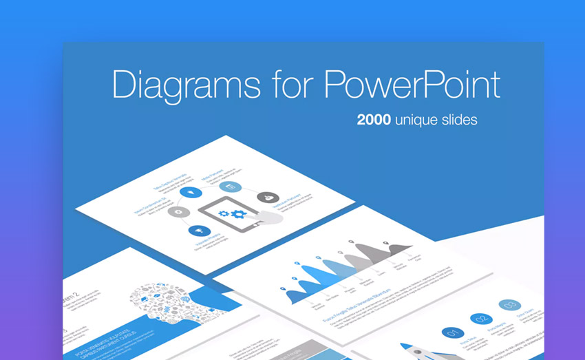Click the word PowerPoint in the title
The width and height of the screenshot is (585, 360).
pyautogui.click(x=412, y=85)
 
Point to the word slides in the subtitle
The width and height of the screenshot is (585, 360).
pyautogui.click(x=459, y=119)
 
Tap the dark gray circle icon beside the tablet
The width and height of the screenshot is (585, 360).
pyautogui.click(x=267, y=198)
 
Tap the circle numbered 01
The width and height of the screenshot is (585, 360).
pyautogui.click(x=452, y=334)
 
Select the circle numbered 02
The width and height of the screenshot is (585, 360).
pyautogui.click(x=480, y=319)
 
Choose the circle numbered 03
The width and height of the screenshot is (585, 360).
pyautogui.click(x=510, y=305)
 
